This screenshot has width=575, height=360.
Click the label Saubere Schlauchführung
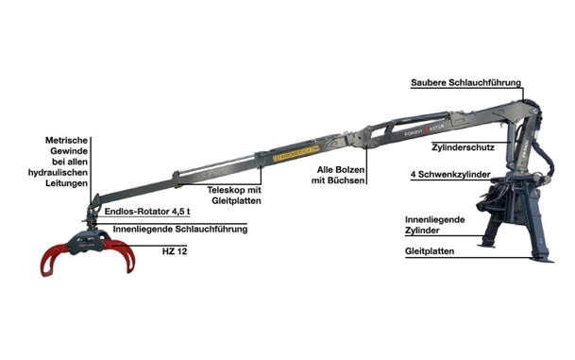tap(465, 83)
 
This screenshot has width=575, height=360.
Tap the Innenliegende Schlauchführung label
tap(179, 229)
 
